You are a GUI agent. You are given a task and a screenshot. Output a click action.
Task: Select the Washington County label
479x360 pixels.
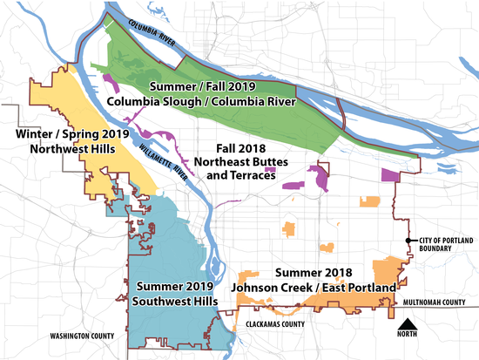tap(83, 336)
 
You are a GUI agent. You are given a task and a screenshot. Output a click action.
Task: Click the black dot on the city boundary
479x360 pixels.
tap(407, 241)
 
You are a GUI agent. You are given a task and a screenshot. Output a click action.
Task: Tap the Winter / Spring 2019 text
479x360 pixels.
tap(72, 134)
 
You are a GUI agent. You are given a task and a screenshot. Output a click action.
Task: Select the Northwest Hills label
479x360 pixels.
tap(72, 148)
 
